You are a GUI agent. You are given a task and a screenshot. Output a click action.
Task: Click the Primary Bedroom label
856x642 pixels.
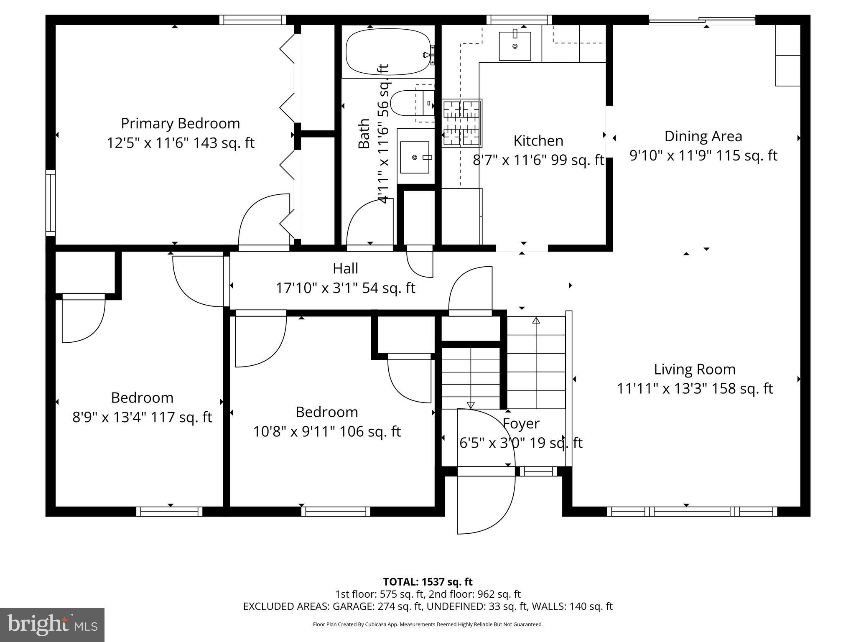[180, 124]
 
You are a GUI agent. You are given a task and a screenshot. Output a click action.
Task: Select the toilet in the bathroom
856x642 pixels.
[405, 103]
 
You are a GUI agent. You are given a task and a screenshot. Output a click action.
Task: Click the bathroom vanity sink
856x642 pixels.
[415, 157]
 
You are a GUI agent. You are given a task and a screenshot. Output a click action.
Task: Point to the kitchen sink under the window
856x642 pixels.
[515, 46]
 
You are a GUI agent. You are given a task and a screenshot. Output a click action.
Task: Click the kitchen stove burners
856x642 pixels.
[462, 123]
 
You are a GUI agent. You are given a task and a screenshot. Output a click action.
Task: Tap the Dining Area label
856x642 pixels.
[703, 136]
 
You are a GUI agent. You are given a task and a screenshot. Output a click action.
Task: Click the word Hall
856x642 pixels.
[345, 268]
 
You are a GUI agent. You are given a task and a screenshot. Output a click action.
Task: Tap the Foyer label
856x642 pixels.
[521, 423]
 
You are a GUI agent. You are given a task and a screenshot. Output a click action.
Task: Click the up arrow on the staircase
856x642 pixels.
[536, 321]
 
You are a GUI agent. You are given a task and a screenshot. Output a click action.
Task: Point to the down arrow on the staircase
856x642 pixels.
[471, 405]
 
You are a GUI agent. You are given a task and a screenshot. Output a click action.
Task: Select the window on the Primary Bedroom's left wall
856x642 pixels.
[50, 203]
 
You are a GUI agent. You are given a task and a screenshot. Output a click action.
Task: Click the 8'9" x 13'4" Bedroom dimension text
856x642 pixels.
[142, 417]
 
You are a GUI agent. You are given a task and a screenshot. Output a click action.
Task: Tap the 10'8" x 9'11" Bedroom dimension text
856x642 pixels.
[327, 431]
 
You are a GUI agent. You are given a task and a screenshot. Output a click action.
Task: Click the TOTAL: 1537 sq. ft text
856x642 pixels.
[428, 582]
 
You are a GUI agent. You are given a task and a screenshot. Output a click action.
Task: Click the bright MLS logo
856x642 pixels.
[52, 624]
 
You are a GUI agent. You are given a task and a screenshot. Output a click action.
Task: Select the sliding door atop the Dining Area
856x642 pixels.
[702, 20]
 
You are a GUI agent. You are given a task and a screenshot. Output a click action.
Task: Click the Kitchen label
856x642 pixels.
[538, 141]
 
